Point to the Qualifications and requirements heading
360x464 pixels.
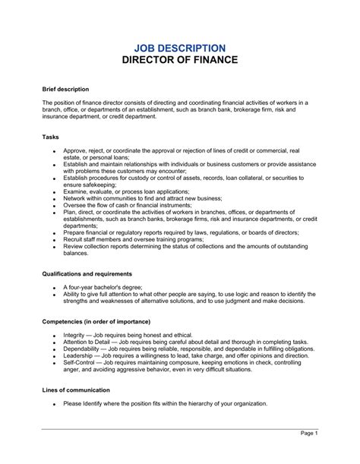(x=87, y=273)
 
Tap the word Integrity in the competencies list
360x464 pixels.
(x=75, y=336)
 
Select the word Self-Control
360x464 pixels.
(x=80, y=363)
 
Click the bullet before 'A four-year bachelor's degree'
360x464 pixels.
(x=54, y=288)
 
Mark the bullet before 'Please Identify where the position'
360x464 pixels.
(x=54, y=404)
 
